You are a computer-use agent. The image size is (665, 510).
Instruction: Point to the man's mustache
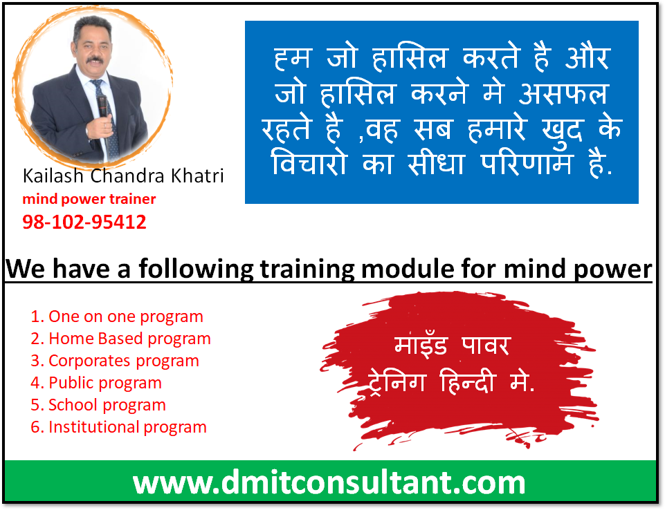(x=95, y=59)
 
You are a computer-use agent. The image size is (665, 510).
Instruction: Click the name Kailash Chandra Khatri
(x=123, y=176)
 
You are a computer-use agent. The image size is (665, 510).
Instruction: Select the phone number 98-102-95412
(x=84, y=222)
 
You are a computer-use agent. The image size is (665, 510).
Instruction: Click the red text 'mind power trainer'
(x=89, y=199)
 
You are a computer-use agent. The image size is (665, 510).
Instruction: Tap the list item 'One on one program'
(x=117, y=317)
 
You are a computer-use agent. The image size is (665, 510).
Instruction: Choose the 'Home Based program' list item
(x=121, y=339)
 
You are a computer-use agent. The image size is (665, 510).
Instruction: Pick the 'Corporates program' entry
(x=115, y=361)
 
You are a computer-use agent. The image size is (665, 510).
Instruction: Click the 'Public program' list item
(x=96, y=383)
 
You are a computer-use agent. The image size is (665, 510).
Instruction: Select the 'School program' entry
(x=98, y=405)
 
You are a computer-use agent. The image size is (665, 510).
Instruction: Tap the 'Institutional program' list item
(x=119, y=427)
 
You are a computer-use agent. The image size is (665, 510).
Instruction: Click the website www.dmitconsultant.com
(x=329, y=482)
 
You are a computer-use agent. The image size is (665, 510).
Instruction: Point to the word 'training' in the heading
(x=307, y=270)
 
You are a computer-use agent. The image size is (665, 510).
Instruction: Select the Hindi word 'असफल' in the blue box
(x=564, y=93)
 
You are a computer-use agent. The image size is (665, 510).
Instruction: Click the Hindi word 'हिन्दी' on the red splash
(x=468, y=381)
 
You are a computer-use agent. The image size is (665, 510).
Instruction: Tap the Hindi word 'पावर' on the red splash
(x=485, y=346)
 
